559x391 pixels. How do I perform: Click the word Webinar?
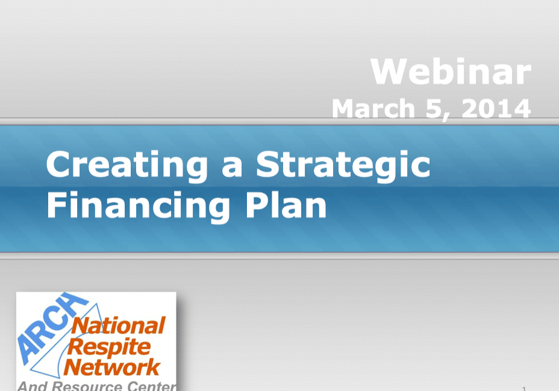tap(451, 71)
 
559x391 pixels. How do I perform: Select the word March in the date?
tap(373, 108)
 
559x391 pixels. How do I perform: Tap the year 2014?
tap(496, 108)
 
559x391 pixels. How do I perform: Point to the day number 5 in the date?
tap(433, 108)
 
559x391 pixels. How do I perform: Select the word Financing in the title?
tap(139, 206)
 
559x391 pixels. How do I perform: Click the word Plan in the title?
tap(286, 205)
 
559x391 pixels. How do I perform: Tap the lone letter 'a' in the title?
tap(232, 168)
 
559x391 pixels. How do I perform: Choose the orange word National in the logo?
tap(118, 325)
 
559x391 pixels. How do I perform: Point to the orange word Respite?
tap(109, 346)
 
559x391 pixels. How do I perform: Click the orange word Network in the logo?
tap(112, 367)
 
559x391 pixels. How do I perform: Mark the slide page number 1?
tap(524, 389)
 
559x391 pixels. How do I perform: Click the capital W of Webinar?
tap(389, 71)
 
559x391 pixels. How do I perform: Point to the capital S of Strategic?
tap(267, 164)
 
